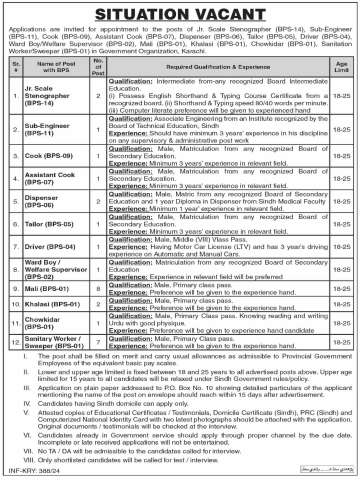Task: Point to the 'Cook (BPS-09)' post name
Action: (46, 157)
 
